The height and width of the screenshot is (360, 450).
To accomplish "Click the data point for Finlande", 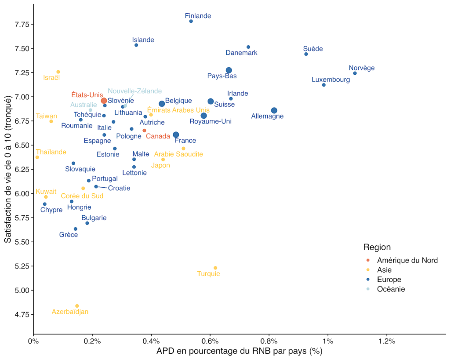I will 191,21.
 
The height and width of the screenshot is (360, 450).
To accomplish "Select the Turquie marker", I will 215,268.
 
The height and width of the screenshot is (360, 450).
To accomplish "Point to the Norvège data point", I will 355,73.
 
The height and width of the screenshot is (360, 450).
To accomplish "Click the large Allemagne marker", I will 274,110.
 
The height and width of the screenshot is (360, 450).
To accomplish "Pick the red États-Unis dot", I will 104,101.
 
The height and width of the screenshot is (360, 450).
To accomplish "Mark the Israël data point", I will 58,72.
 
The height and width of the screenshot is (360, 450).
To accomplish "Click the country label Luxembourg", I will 331,80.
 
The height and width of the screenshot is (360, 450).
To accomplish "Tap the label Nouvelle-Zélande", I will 135,91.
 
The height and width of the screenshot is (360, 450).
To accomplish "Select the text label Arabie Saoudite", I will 178,154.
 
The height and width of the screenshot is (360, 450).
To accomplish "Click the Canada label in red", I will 158,136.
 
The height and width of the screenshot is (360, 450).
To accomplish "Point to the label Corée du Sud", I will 82,196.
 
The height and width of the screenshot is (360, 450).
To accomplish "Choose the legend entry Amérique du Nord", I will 407,260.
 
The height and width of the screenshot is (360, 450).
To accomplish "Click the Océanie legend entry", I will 391,289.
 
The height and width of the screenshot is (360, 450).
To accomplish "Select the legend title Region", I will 377,247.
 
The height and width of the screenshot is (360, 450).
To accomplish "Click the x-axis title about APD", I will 240,352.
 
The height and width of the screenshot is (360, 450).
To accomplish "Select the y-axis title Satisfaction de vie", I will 7,169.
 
